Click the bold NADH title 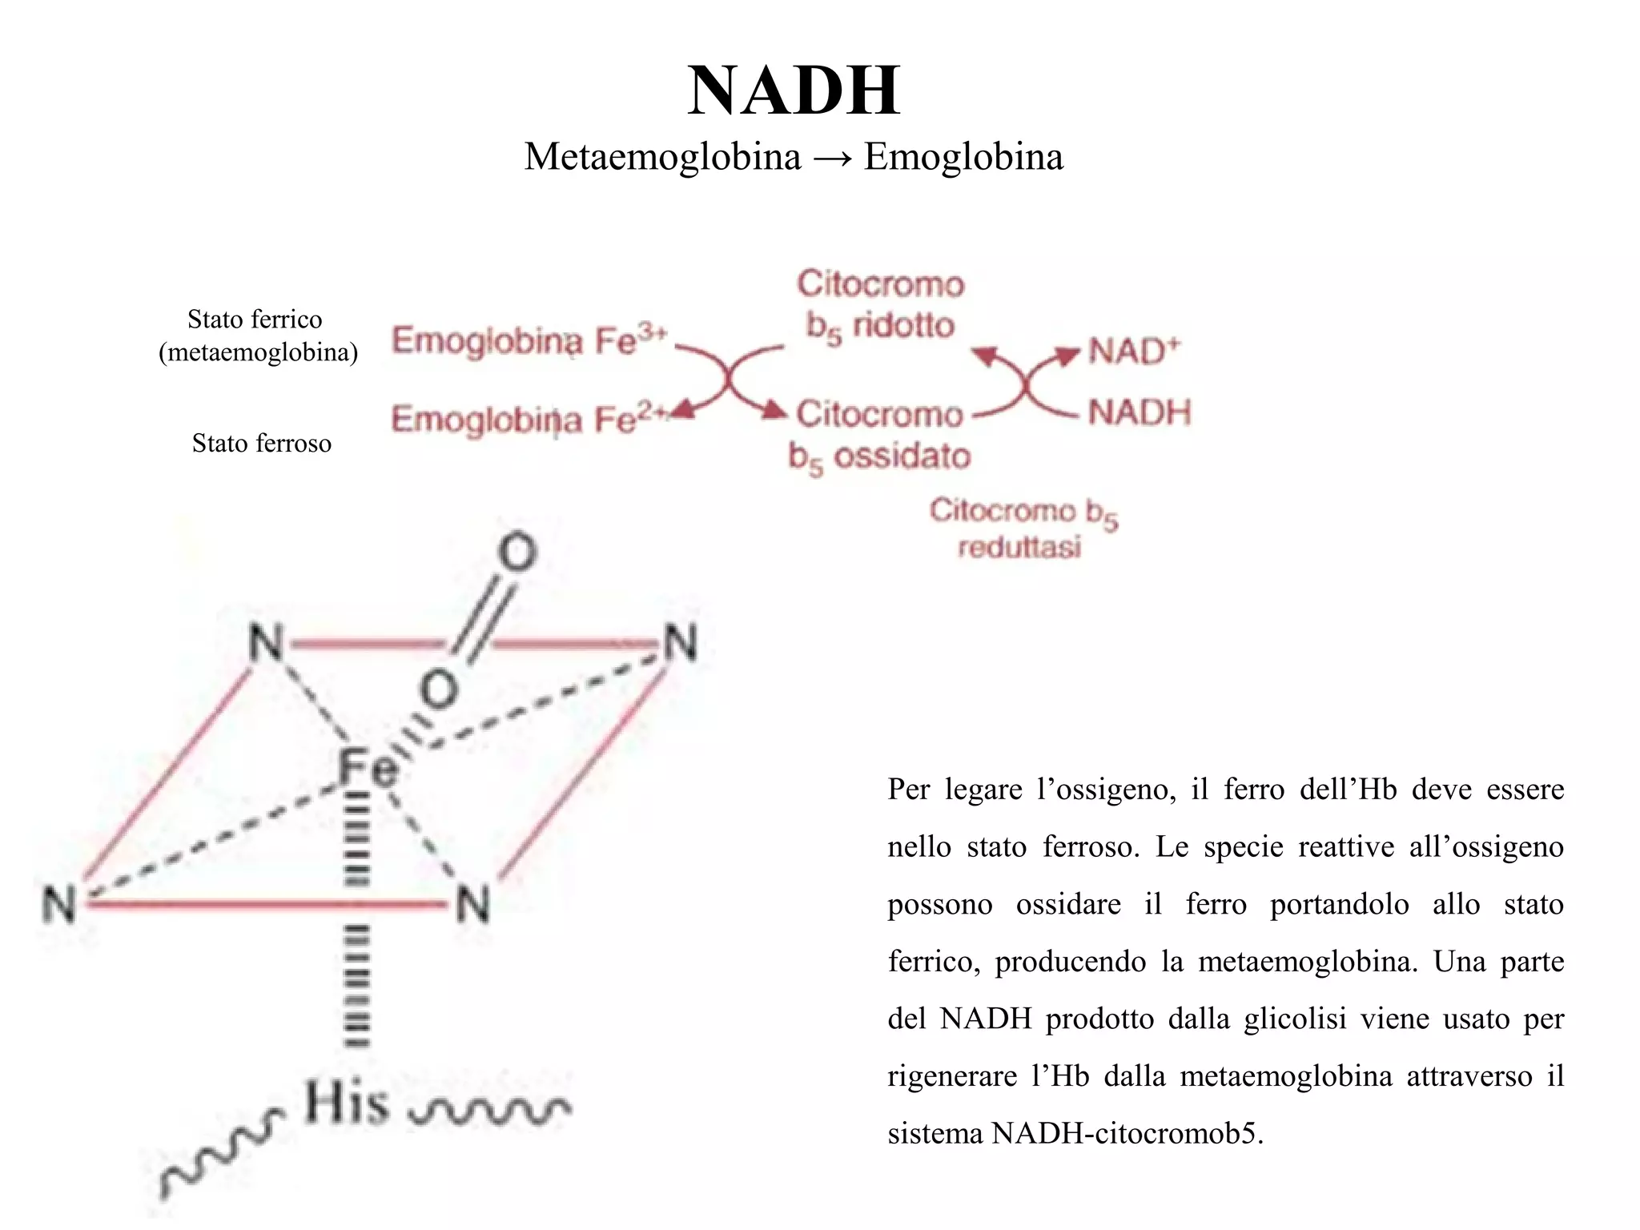click(x=794, y=90)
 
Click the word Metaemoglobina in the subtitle click(x=662, y=156)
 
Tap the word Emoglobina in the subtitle click(x=963, y=156)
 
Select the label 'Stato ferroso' click(x=261, y=443)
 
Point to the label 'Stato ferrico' click(x=255, y=319)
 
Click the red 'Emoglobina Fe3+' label click(x=529, y=340)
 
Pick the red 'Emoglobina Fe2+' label click(x=529, y=418)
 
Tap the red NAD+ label click(x=1134, y=351)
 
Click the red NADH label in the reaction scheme click(x=1140, y=412)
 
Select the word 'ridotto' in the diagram click(x=903, y=325)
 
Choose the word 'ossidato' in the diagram click(x=902, y=456)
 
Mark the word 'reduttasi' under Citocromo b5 click(x=1019, y=548)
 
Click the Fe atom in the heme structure click(x=367, y=766)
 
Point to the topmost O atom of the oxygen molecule click(x=517, y=553)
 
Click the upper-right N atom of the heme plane click(x=681, y=643)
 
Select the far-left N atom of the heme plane click(x=59, y=905)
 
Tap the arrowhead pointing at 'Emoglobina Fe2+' click(x=682, y=410)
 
